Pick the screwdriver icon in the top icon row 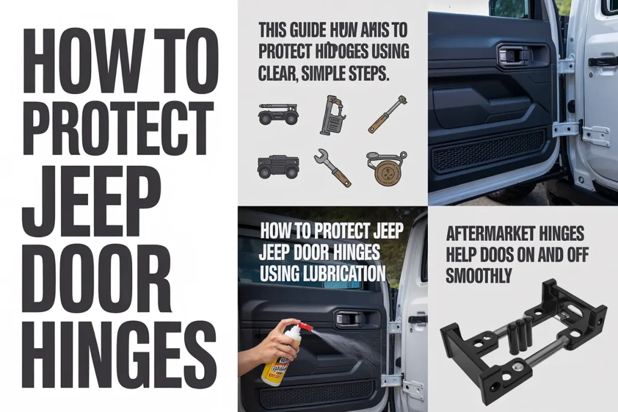click(x=387, y=114)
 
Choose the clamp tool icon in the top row click(x=333, y=114)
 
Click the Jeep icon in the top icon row click(x=278, y=113)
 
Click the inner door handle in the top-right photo click(x=515, y=55)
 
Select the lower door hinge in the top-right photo click(x=568, y=128)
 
